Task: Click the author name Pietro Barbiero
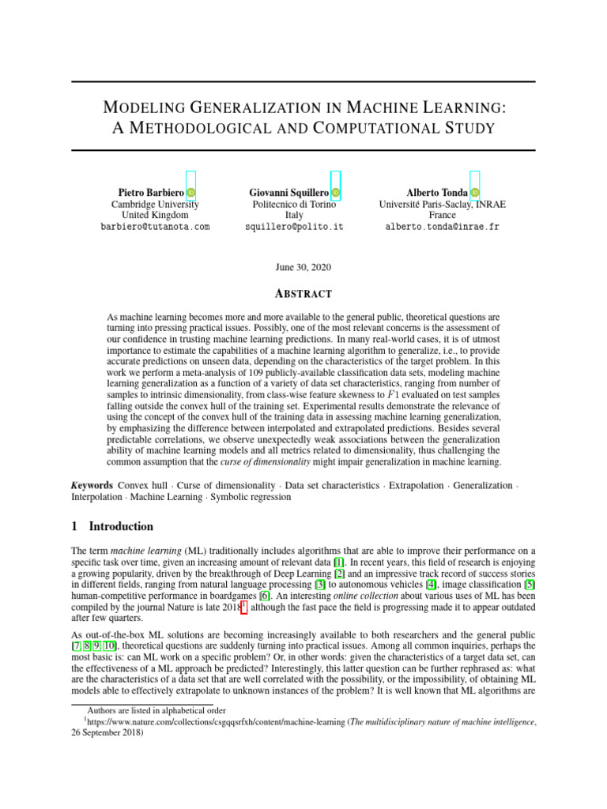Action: [151, 192]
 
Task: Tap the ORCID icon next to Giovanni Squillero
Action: [336, 192]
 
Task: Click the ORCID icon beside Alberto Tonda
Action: [474, 192]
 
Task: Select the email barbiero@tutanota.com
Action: [155, 226]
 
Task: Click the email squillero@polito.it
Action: [293, 226]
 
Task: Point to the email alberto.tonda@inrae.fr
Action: [442, 226]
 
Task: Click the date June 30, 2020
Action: [303, 268]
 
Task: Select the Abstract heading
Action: [303, 293]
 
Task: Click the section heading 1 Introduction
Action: [112, 526]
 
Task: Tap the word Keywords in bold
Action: [91, 485]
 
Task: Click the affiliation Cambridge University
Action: [155, 204]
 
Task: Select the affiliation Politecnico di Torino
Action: [293, 204]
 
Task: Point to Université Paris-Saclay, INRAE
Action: [443, 204]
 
